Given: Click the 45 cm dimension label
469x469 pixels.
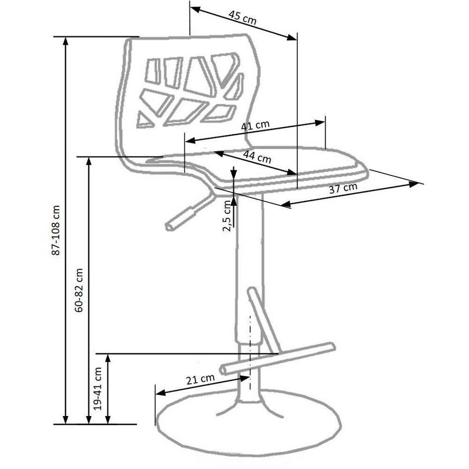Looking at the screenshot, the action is click(242, 17).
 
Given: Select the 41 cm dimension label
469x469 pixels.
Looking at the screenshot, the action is click(255, 125).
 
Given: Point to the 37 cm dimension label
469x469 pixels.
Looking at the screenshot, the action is click(343, 188).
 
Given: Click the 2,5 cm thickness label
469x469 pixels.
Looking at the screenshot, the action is click(227, 216).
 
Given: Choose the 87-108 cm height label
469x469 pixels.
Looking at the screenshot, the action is click(56, 230).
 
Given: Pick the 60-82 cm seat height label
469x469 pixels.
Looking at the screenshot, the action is click(79, 290).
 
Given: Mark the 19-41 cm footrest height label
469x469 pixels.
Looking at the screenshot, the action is click(98, 388).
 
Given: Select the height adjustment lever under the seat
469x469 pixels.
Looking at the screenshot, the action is click(191, 212).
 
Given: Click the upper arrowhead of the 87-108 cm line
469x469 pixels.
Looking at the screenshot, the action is click(66, 42).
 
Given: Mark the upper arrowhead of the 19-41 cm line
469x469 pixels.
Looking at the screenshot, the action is click(108, 358).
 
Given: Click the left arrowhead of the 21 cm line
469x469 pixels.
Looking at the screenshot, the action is click(160, 393).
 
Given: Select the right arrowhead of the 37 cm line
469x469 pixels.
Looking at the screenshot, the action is click(414, 184).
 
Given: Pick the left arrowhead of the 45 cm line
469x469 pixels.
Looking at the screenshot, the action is click(195, 9).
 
